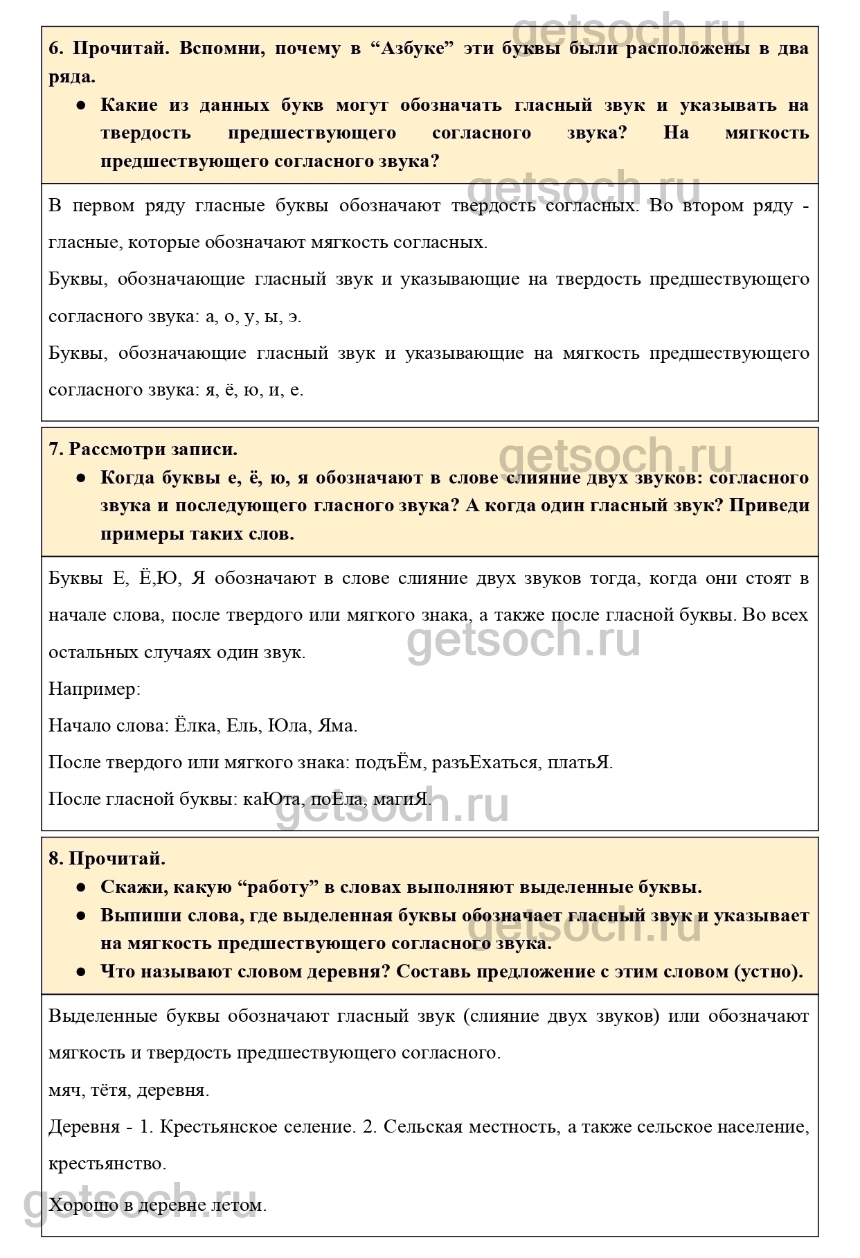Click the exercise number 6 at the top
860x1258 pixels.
[55, 49]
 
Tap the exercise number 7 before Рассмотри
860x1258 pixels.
[55, 449]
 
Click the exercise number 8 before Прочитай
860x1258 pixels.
[55, 859]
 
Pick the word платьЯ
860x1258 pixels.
[580, 763]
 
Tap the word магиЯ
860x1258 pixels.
[402, 799]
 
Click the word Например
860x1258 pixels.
[94, 689]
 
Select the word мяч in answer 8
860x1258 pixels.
[66, 1090]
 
